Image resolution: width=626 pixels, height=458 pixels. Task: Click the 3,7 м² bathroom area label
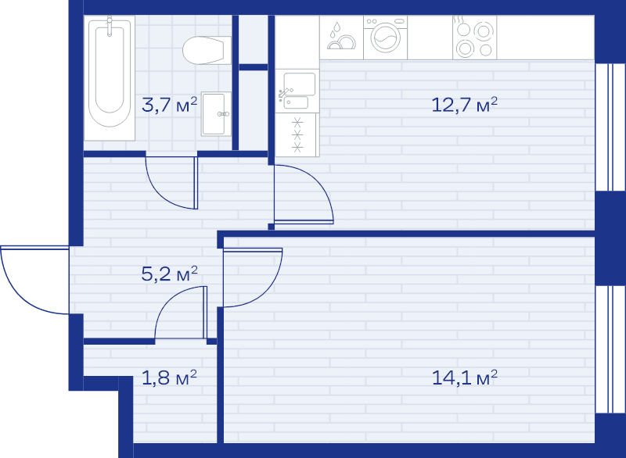click(x=170, y=105)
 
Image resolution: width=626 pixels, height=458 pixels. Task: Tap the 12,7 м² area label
click(x=465, y=105)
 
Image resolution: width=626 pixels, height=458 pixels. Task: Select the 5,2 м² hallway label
click(x=170, y=274)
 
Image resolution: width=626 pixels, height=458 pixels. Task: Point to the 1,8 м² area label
click(x=170, y=377)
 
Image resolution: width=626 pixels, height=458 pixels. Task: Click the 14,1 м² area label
click(x=465, y=377)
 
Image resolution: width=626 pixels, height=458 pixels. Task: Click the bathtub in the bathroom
click(x=110, y=78)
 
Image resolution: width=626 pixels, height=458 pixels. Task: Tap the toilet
click(x=207, y=50)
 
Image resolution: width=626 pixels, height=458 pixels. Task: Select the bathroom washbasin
click(x=216, y=114)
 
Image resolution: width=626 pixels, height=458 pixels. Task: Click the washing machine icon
click(x=385, y=38)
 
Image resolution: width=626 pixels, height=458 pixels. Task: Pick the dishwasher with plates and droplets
click(x=341, y=38)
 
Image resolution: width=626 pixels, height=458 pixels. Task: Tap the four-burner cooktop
click(x=475, y=38)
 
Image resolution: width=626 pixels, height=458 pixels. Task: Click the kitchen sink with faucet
click(x=297, y=91)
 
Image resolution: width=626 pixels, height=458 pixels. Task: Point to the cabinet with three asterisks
click(x=297, y=134)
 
